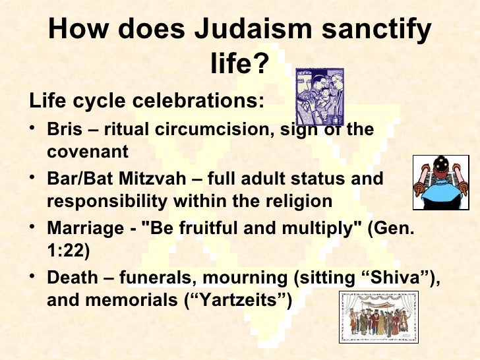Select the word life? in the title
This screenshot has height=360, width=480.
(x=240, y=64)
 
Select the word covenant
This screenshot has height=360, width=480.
(x=88, y=152)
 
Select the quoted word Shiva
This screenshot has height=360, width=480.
(x=398, y=277)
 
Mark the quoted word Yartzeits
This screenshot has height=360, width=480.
(x=239, y=300)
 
